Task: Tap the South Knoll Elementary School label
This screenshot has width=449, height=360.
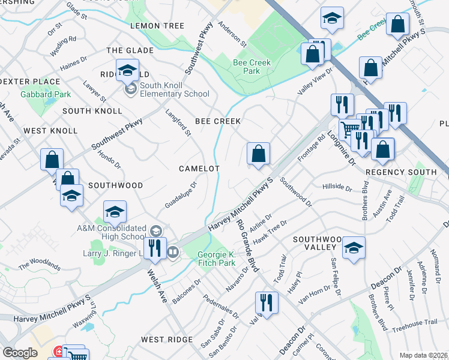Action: tap(174, 89)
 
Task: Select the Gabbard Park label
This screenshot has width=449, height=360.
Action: tap(46, 94)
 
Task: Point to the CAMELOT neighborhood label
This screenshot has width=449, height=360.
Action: tap(199, 169)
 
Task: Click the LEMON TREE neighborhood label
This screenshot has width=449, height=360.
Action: tap(157, 26)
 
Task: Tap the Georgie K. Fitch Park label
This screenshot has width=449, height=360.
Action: tap(217, 259)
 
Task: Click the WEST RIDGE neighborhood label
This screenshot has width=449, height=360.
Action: tap(167, 340)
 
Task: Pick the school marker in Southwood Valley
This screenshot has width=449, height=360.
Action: tap(354, 247)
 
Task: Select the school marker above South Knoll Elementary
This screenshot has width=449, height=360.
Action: tap(127, 71)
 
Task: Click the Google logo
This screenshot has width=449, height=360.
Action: tap(20, 353)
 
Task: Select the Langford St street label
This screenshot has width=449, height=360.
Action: tap(178, 122)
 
